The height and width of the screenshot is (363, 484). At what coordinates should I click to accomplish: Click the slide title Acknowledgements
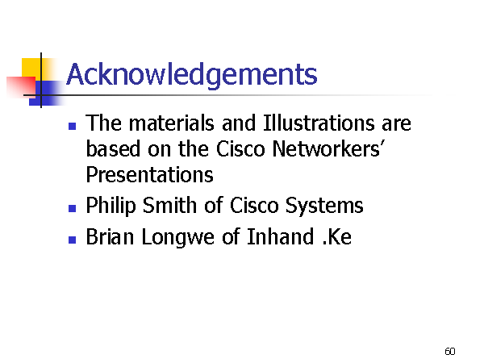point(192,75)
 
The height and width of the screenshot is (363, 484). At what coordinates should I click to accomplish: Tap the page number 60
point(450,351)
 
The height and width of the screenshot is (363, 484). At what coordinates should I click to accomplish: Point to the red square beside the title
point(21,87)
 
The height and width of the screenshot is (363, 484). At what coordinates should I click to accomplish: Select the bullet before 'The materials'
point(73,127)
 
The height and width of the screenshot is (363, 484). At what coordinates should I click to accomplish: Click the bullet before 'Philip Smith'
point(73,209)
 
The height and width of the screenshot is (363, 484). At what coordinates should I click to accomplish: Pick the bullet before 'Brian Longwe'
point(73,240)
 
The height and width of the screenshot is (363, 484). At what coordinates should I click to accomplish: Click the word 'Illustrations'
point(319,123)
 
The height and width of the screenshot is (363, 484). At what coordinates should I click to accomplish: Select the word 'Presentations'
point(149,175)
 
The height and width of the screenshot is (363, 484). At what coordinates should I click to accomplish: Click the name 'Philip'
point(111,206)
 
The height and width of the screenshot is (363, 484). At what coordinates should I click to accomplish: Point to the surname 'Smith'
point(169,205)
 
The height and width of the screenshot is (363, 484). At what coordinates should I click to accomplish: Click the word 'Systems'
point(324,206)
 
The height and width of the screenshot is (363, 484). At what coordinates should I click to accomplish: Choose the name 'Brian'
point(110,236)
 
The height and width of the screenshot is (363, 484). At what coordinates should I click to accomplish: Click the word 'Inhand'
point(280,236)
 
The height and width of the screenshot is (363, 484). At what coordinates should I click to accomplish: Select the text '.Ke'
point(336,236)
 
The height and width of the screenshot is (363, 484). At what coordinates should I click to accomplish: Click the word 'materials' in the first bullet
point(172,123)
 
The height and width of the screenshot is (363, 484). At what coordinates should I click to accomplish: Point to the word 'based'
point(113,148)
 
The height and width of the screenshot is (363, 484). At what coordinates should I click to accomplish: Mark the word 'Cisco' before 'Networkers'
point(240,148)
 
